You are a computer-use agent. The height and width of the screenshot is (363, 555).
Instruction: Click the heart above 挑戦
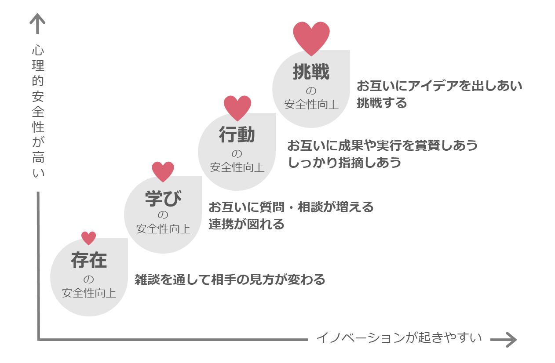click(x=311, y=38)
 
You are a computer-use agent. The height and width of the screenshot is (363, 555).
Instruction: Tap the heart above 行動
click(x=237, y=107)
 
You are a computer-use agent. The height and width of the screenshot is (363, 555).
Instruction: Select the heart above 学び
click(x=163, y=171)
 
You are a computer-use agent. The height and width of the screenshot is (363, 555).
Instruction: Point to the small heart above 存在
click(x=89, y=238)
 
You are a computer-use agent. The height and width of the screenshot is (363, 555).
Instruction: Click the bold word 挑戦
click(x=311, y=73)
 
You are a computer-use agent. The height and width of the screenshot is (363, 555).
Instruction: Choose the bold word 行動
click(x=237, y=135)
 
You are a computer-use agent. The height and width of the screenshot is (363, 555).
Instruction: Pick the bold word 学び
click(x=163, y=198)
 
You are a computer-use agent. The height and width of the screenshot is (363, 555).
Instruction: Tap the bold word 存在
click(x=89, y=260)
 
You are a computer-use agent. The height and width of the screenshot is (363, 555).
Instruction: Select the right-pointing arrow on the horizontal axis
click(x=504, y=339)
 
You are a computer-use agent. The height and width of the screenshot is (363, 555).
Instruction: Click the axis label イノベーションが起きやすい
click(x=399, y=338)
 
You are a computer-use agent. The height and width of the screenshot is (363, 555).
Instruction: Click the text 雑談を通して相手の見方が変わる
click(x=230, y=280)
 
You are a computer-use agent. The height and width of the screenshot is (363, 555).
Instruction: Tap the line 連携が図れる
click(x=246, y=224)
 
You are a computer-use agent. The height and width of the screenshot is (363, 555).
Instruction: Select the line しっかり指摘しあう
click(x=344, y=162)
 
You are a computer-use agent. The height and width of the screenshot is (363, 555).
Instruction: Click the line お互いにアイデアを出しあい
click(x=439, y=85)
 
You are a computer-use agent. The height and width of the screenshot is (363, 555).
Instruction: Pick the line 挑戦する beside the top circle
click(x=382, y=103)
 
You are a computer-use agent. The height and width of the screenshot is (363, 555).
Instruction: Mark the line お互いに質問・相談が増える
click(x=291, y=207)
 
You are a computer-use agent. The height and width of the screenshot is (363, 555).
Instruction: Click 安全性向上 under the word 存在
click(x=89, y=293)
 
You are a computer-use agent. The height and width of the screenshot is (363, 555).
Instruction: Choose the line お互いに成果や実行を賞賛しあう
click(x=382, y=145)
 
